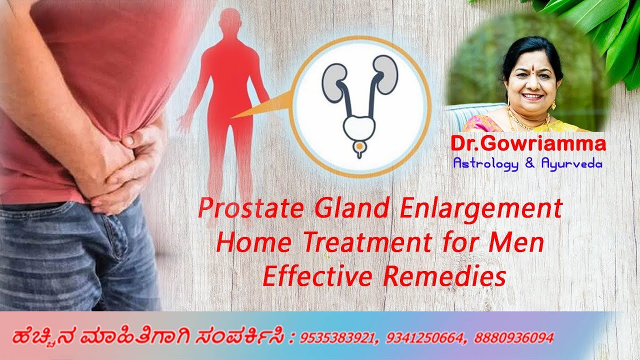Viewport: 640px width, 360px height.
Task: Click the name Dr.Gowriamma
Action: point(528,144)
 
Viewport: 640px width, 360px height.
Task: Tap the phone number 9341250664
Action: point(421,338)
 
